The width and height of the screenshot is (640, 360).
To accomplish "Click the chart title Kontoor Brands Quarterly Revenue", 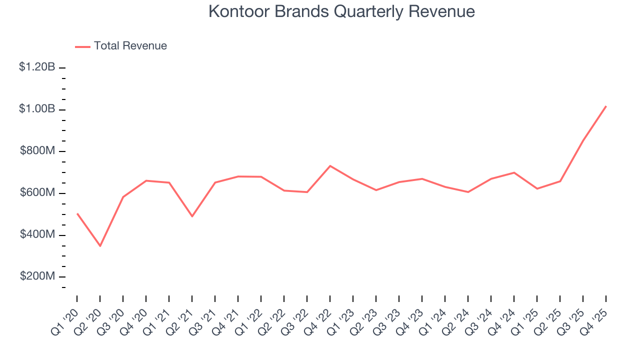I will pyautogui.click(x=341, y=11).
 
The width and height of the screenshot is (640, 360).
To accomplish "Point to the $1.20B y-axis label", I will pyautogui.click(x=37, y=67).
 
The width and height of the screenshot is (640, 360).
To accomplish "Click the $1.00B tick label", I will pyautogui.click(x=37, y=109).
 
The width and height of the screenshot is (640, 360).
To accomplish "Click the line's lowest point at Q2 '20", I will pyautogui.click(x=100, y=246).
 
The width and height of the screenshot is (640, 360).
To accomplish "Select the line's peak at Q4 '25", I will pyautogui.click(x=606, y=106).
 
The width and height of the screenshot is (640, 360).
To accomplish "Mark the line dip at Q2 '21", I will pyautogui.click(x=192, y=216).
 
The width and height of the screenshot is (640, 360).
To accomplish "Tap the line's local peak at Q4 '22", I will pyautogui.click(x=330, y=165).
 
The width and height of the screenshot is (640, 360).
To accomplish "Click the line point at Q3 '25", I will pyautogui.click(x=583, y=140).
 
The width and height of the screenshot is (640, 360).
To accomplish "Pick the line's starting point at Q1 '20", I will pyautogui.click(x=77, y=213).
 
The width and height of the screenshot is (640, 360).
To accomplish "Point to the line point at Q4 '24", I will pyautogui.click(x=514, y=172).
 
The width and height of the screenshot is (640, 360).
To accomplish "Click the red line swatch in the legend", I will pyautogui.click(x=82, y=46).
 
